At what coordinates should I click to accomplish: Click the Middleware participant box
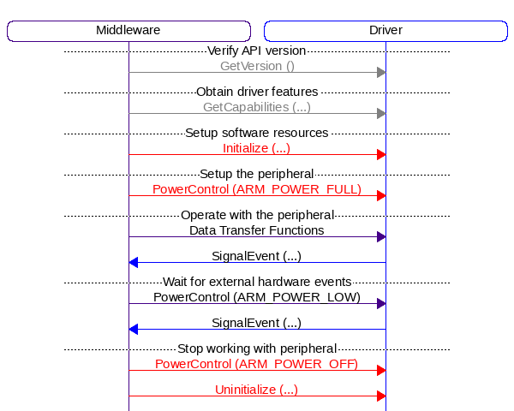[x=128, y=31]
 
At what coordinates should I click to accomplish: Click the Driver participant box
[x=385, y=31]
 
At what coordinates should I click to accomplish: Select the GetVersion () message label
[x=257, y=65]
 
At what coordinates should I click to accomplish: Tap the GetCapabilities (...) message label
[x=257, y=107]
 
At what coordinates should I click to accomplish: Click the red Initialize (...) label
[x=257, y=148]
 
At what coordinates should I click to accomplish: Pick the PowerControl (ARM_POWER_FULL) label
[x=257, y=189]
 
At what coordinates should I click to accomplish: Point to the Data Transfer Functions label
[x=257, y=230]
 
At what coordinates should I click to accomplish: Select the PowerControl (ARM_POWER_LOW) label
[x=257, y=297]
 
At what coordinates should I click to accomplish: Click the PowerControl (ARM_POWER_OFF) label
[x=257, y=364]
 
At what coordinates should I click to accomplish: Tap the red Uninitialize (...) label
[x=257, y=390]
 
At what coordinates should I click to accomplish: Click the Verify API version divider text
[x=257, y=51]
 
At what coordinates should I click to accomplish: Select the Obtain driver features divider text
[x=257, y=92]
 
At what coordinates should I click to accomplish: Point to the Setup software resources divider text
[x=257, y=133]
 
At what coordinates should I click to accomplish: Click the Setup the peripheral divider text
[x=257, y=174]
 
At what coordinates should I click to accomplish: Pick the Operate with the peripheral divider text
[x=257, y=215]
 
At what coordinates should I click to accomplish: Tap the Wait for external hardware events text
[x=257, y=282]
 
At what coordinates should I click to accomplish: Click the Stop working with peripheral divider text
[x=257, y=348]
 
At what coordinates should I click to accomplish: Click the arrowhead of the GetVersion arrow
[x=381, y=72]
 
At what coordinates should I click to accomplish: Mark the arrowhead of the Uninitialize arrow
[x=381, y=396]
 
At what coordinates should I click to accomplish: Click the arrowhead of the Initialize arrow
[x=381, y=154]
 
